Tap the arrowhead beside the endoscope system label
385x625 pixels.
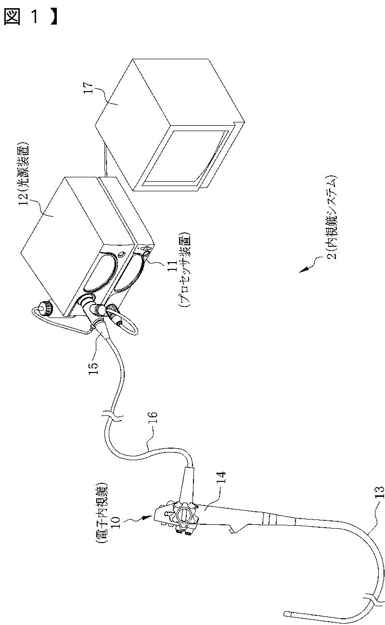[x=302, y=270]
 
